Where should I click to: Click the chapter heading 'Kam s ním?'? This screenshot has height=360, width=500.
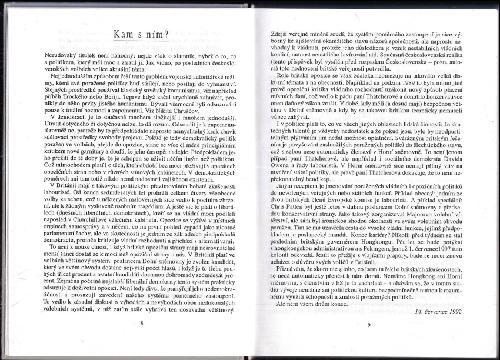(x=141, y=35)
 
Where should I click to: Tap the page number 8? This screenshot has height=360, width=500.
(x=142, y=323)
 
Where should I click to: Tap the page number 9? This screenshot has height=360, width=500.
(x=369, y=324)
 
